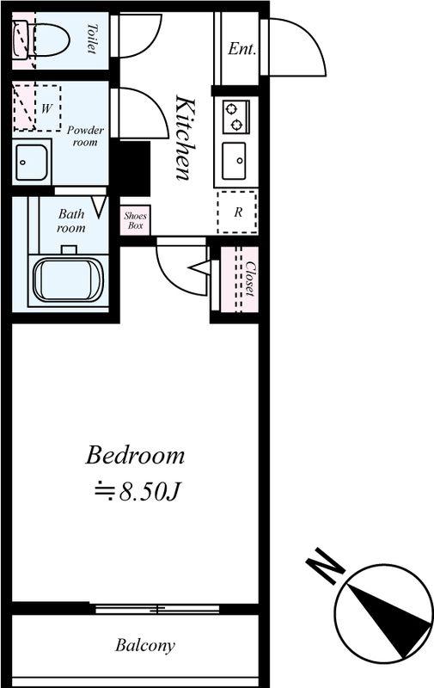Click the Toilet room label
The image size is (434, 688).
pyautogui.click(x=91, y=39)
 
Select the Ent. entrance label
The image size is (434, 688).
pyautogui.click(x=241, y=49)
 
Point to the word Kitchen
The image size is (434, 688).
pyautogui.click(x=185, y=138)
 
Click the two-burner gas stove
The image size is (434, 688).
pyautogui.click(x=235, y=116)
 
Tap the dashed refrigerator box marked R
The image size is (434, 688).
pyautogui.click(x=237, y=212)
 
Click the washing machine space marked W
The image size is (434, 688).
pyautogui.click(x=37, y=107)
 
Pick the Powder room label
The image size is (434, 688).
pyautogui.click(x=85, y=136)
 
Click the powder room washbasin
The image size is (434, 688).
pyautogui.click(x=32, y=163)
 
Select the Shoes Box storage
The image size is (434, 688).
pyautogui.click(x=135, y=220)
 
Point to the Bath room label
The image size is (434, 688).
pyautogui.click(x=71, y=221)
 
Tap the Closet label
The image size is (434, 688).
pyautogui.click(x=250, y=279)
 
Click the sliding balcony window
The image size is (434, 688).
pyautogui.click(x=157, y=609)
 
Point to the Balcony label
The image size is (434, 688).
pyautogui.click(x=145, y=646)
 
